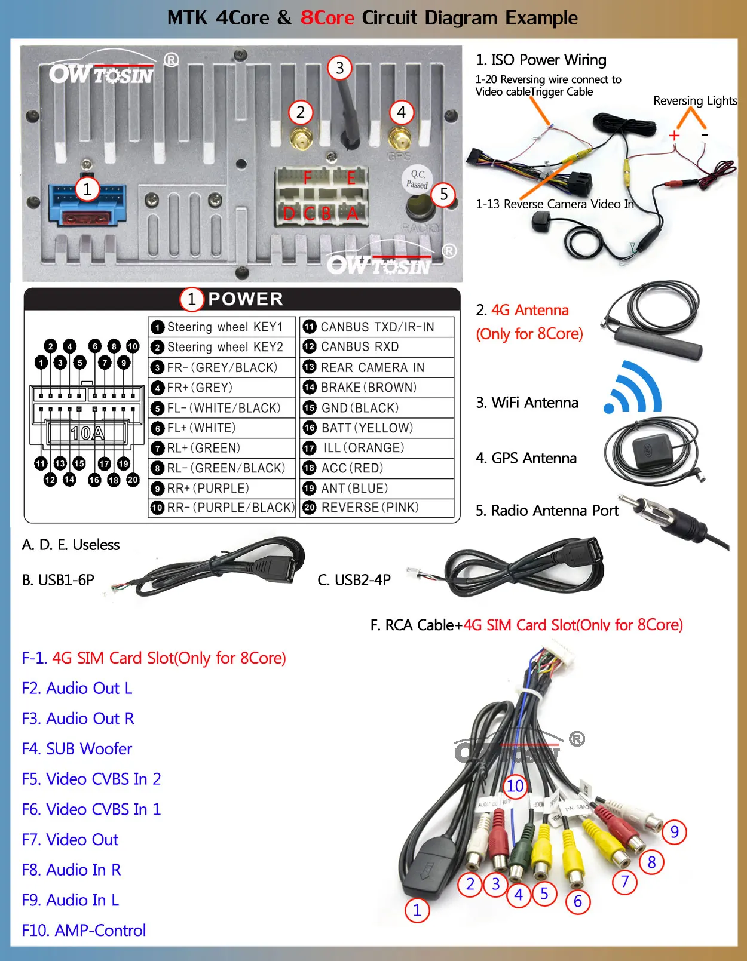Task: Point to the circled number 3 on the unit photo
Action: [339, 68]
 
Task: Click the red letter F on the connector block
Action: [307, 178]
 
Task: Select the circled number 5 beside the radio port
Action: [443, 194]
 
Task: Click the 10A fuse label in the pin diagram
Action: [87, 432]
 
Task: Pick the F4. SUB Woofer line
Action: [77, 748]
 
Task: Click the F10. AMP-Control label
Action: [84, 930]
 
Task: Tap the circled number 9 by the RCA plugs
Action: [674, 831]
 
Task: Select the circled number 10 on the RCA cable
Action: [515, 786]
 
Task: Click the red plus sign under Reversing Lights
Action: [675, 136]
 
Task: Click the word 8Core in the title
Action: [327, 18]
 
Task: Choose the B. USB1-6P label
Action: [58, 580]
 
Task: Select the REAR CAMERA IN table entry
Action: [372, 367]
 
